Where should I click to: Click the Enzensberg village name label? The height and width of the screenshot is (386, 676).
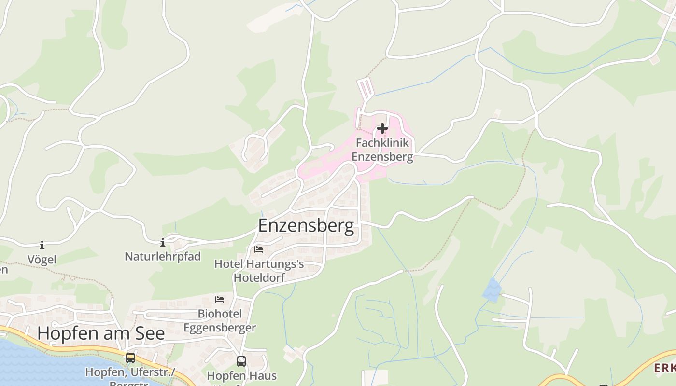click(306, 226)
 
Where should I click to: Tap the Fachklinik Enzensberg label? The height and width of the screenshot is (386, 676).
click(382, 150)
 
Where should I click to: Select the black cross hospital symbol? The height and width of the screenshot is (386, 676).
click(382, 128)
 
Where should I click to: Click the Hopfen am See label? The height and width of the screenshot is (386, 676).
click(101, 333)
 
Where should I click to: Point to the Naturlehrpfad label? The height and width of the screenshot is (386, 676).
click(163, 256)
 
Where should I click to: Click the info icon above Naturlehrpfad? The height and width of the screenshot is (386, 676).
click(163, 242)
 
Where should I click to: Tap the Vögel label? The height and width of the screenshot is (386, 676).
click(42, 260)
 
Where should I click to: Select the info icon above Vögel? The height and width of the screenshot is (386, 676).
click(42, 246)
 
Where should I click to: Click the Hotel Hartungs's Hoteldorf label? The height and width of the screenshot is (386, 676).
click(259, 271)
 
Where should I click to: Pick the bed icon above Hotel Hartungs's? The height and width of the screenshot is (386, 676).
click(259, 249)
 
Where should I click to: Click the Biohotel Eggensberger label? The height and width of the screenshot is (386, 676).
click(220, 321)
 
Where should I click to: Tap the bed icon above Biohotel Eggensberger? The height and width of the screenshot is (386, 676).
click(220, 300)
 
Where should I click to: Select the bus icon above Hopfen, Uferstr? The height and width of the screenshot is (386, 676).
click(130, 358)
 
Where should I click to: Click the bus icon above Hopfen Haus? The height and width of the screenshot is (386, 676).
click(241, 361)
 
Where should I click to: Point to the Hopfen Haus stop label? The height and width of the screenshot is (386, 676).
click(241, 375)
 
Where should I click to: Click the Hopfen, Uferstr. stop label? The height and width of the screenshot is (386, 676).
click(130, 373)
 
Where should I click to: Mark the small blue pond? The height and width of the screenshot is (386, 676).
click(493, 289)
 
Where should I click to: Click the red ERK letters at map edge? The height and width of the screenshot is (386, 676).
click(664, 369)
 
